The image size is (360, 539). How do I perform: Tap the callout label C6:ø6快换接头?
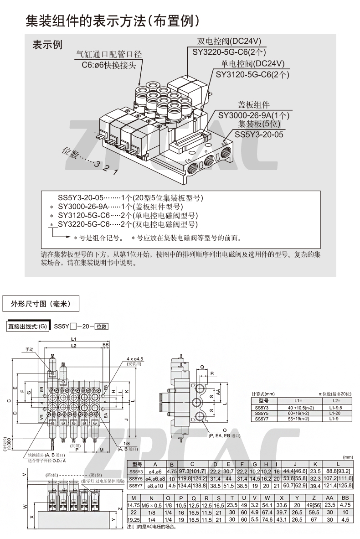tap(109, 65)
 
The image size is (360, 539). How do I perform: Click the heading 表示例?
tap(47, 45)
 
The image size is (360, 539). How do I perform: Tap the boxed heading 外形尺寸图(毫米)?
tap(42, 303)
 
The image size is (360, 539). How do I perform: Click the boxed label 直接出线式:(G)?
tap(27, 327)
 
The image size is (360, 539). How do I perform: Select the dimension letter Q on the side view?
tap(202, 366)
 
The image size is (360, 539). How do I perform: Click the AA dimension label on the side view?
tap(218, 392)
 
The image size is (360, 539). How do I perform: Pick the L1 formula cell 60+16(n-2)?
tap(298, 413)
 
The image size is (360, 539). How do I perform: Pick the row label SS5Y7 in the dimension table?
tap(136, 486)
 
